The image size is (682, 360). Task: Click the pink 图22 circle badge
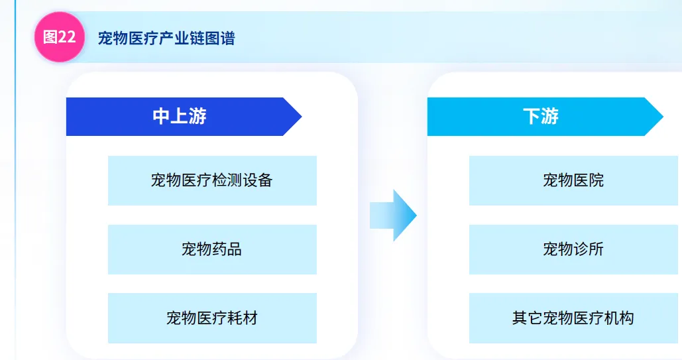tap(59, 37)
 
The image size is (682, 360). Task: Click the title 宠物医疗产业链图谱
tap(166, 38)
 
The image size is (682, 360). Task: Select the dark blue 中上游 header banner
tap(180, 117)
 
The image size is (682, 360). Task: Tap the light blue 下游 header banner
tap(541, 117)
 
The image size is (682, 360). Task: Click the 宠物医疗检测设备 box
tap(212, 180)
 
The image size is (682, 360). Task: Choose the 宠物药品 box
tap(212, 249)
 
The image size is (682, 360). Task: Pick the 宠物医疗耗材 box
tap(212, 318)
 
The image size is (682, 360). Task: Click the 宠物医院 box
tap(573, 180)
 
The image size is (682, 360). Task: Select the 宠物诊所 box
tap(573, 249)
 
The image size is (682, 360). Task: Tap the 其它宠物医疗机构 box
tap(573, 318)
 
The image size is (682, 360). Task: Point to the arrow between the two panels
tap(393, 215)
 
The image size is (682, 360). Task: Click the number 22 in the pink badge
tap(67, 37)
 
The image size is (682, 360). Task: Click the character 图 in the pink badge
tap(50, 37)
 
